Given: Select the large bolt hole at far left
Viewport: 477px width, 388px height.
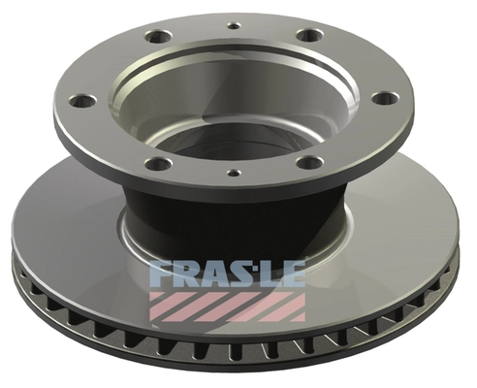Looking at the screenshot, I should coord(83,100).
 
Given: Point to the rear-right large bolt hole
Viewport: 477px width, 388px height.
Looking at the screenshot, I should coord(309,35).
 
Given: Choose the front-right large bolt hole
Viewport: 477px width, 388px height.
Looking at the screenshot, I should coord(309,161).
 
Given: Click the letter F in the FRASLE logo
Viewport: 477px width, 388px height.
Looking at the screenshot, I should coord(163,275).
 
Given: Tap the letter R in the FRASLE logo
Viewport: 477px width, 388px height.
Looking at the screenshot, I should coord(189,275).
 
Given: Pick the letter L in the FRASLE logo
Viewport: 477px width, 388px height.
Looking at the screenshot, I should coord(271,275).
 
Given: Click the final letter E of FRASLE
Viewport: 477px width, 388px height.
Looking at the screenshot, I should coord(293,275).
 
